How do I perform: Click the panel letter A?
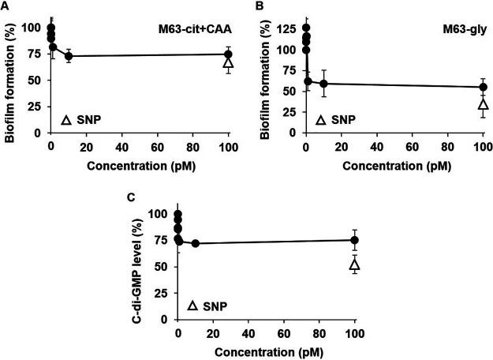click(x=5, y=6)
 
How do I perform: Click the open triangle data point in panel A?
click(x=229, y=62)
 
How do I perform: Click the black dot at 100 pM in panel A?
click(x=229, y=54)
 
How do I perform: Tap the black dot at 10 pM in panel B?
click(x=323, y=84)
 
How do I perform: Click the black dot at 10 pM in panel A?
click(x=69, y=56)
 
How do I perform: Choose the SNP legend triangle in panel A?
click(x=68, y=121)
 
